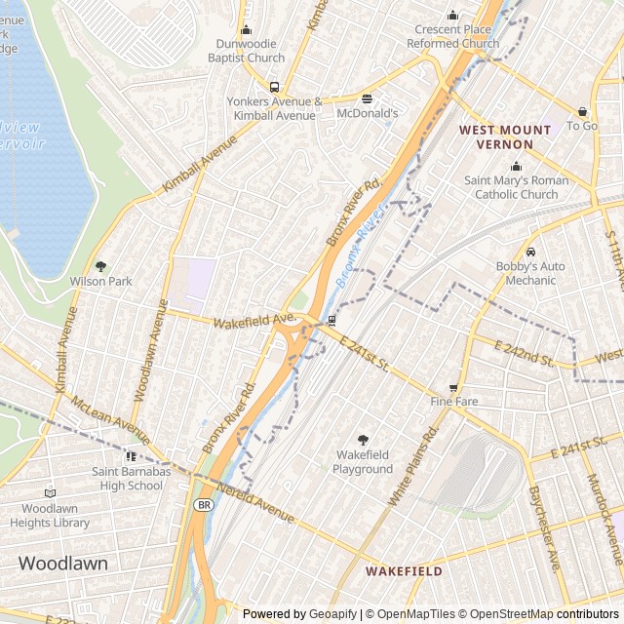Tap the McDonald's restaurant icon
click(x=368, y=98)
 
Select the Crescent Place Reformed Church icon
click(x=451, y=15)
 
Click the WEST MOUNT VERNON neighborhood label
click(x=496, y=136)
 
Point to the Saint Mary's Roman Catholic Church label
click(x=516, y=187)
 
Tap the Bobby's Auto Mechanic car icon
click(x=530, y=253)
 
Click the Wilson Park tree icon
click(x=100, y=266)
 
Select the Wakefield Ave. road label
click(x=253, y=320)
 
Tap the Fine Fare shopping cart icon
click(x=453, y=387)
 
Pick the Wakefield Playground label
click(x=364, y=462)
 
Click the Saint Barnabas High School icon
click(x=132, y=456)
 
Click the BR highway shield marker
click(x=203, y=504)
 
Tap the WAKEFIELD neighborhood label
click(x=404, y=571)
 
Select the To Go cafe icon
click(x=582, y=112)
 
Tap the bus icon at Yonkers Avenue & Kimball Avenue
click(x=274, y=87)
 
